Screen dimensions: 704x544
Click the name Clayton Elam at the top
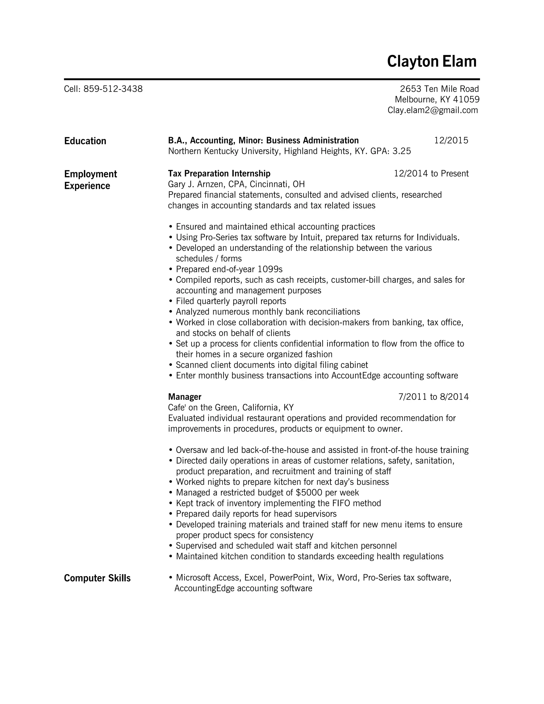[432, 61]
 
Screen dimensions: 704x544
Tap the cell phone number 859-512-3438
[113, 89]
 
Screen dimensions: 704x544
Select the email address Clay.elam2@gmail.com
[432, 110]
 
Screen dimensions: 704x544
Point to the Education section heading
[85, 141]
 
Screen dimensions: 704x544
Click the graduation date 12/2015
[451, 141]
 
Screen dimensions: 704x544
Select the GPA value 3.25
[401, 151]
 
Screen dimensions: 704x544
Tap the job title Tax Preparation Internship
[219, 174]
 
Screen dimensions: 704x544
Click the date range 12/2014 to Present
[431, 174]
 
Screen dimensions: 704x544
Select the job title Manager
[185, 397]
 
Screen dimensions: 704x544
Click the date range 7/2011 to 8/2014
[433, 397]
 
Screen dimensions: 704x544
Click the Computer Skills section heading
[97, 578]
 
